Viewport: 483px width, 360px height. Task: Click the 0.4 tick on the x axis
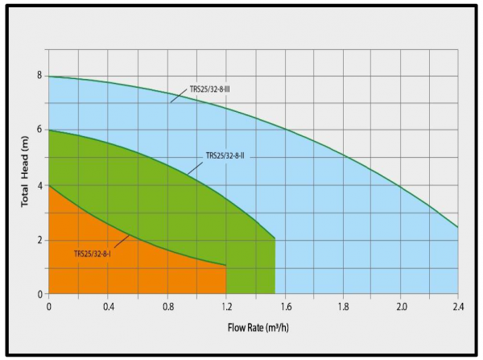pos(109,306)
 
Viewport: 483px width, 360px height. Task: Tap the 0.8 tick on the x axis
pos(167,306)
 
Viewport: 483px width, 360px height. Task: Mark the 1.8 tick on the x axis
pos(343,306)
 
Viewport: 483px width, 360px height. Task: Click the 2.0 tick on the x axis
pos(401,306)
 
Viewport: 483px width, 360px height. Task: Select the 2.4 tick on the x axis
pos(458,306)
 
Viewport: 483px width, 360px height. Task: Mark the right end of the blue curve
pos(458,227)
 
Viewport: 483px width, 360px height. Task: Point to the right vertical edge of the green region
pos(275,266)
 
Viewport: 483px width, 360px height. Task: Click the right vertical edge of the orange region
pos(225,279)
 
